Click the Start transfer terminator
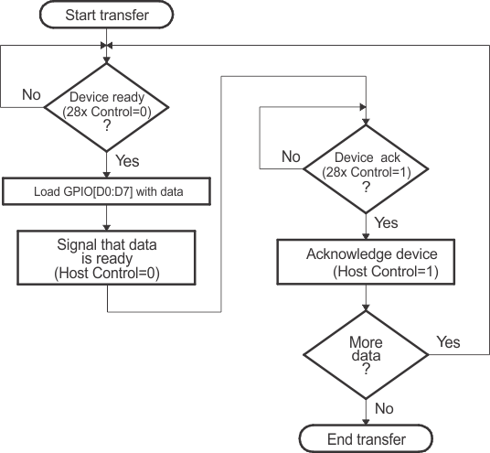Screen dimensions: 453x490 click(108, 16)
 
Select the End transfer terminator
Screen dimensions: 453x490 click(366, 439)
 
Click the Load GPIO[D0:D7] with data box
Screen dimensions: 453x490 click(108, 191)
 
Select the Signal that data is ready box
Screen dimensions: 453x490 click(108, 259)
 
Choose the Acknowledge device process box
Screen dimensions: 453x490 click(366, 263)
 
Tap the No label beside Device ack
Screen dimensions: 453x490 click(291, 156)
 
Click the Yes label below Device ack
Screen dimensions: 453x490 click(387, 222)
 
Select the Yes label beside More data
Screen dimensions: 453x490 click(448, 341)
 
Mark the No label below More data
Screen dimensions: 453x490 click(385, 409)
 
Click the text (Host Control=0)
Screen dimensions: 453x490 click(108, 274)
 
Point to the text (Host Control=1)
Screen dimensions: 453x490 click(366, 272)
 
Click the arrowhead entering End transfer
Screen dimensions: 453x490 click(366, 422)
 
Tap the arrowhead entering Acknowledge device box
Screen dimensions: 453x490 click(366, 237)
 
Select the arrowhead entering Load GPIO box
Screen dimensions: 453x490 click(108, 176)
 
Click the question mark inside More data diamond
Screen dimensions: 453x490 click(366, 372)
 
